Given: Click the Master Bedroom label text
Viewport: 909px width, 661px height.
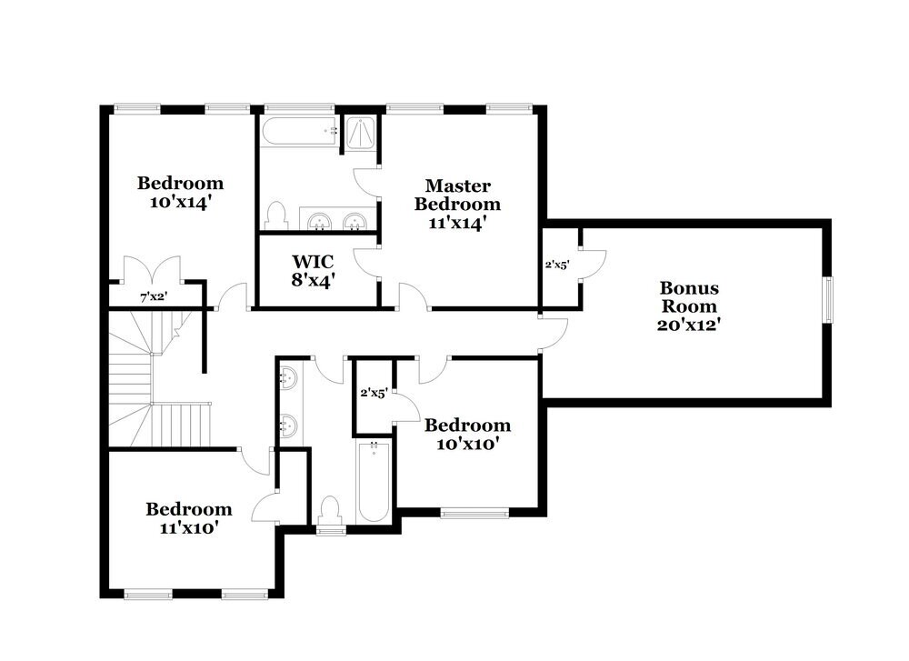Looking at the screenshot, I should click(458, 195).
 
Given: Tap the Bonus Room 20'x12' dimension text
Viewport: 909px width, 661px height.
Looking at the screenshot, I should click(689, 323).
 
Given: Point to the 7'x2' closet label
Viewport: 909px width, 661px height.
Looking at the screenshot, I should click(152, 296).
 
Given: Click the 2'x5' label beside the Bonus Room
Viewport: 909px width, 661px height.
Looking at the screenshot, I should click(556, 265).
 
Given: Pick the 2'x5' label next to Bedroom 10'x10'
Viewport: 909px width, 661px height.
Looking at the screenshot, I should click(374, 394).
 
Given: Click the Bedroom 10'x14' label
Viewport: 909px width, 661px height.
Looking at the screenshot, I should click(180, 193).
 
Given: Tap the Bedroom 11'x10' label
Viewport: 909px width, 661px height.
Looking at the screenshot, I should click(189, 517).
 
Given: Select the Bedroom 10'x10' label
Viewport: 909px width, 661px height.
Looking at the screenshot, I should click(467, 435).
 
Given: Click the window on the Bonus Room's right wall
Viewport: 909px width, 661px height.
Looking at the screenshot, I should click(827, 299).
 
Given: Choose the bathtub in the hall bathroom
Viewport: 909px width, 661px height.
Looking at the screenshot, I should click(373, 482).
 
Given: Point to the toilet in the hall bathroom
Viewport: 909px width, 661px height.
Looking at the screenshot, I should click(330, 510).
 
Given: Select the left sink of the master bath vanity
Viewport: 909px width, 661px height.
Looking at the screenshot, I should click(319, 221).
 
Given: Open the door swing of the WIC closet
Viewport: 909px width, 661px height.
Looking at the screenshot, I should click(366, 264).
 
